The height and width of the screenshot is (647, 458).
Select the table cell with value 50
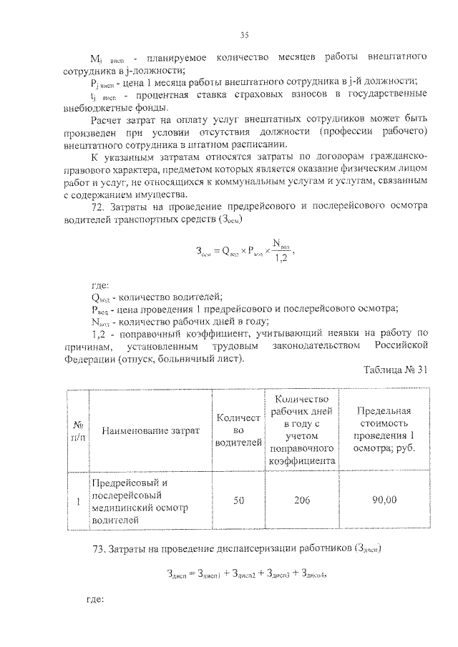(x=238, y=501)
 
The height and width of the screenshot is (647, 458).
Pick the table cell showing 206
(x=301, y=501)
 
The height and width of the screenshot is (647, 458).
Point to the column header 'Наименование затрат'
(x=150, y=430)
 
